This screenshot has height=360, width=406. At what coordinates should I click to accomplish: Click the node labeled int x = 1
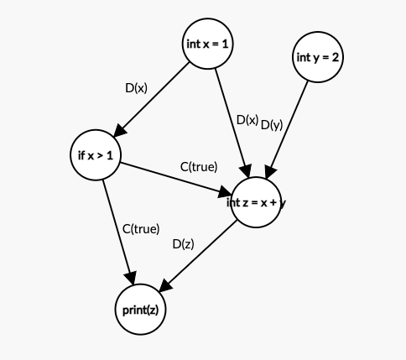206,44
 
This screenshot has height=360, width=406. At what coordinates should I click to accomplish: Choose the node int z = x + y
255,202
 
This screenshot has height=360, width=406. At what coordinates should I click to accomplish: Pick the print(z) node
140,310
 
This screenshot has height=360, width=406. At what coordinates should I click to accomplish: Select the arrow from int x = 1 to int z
230,118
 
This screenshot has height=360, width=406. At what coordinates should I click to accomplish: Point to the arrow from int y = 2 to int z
289,126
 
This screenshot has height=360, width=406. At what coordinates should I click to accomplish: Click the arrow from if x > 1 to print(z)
118,230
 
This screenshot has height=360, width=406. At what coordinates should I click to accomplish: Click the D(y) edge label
271,125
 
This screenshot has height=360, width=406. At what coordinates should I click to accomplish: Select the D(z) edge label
183,244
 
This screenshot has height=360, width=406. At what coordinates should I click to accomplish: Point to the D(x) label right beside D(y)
247,120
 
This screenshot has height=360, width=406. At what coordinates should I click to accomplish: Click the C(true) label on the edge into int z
199,166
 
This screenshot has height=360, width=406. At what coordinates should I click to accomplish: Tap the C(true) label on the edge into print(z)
141,227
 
